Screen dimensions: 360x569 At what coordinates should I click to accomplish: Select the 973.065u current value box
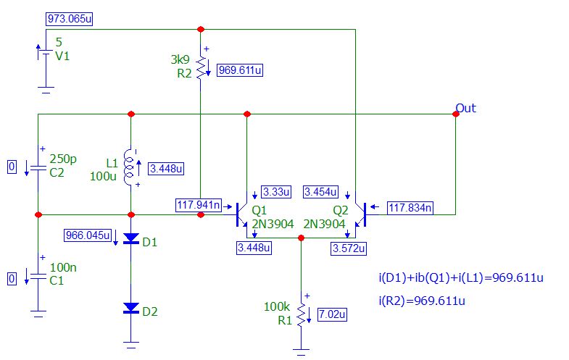(x=69, y=18)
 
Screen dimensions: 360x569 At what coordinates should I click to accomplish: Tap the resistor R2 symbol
(x=201, y=67)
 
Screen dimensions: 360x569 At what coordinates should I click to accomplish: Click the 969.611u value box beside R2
(x=240, y=70)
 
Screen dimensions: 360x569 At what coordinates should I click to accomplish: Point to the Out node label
(x=465, y=108)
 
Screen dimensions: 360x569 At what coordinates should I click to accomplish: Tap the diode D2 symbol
(x=130, y=309)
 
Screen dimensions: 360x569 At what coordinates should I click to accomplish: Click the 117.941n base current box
(x=198, y=205)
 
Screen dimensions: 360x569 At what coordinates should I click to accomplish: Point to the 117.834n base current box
(x=410, y=209)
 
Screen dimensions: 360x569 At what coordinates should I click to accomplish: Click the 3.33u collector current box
(x=276, y=192)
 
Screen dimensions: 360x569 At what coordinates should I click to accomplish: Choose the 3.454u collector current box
(x=321, y=192)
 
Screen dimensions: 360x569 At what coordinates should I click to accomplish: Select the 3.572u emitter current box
(x=349, y=248)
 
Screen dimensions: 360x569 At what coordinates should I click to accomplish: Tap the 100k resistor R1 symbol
(x=300, y=313)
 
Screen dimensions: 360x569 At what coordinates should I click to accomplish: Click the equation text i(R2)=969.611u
(x=421, y=301)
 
